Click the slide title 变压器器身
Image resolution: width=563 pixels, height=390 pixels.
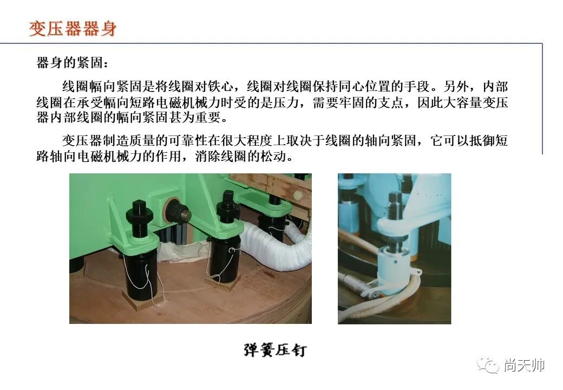pyautogui.click(x=73, y=28)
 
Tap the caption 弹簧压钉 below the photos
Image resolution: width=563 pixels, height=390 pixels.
pyautogui.click(x=274, y=350)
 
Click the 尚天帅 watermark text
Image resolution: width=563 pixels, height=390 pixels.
pyautogui.click(x=523, y=366)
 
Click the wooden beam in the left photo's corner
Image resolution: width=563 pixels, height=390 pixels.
pyautogui.click(x=271, y=184)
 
